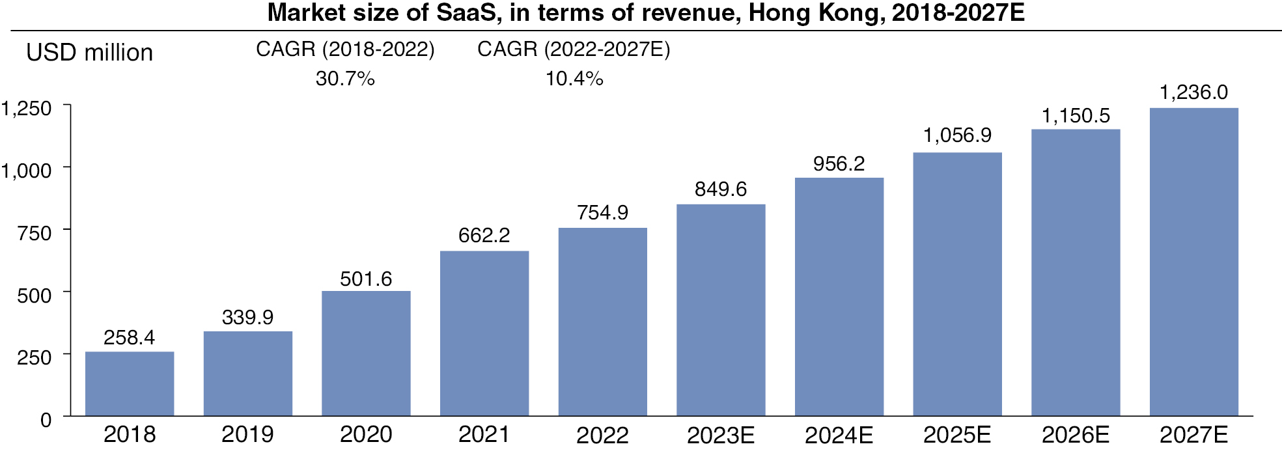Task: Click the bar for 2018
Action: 130,383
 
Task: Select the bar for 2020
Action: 366,353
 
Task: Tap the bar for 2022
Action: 603,322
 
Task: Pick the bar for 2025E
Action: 957,284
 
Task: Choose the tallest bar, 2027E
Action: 1193,262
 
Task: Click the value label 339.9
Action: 247,318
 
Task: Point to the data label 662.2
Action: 484,236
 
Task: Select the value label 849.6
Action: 720,189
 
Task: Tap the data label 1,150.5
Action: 1076,116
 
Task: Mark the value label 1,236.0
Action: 1193,92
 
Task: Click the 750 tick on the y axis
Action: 35,233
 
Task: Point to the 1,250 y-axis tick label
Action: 26,109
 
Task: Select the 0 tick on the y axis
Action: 46,420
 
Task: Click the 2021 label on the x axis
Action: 484,435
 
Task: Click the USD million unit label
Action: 89,53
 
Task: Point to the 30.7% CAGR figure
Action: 345,79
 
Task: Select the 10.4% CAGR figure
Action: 574,79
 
